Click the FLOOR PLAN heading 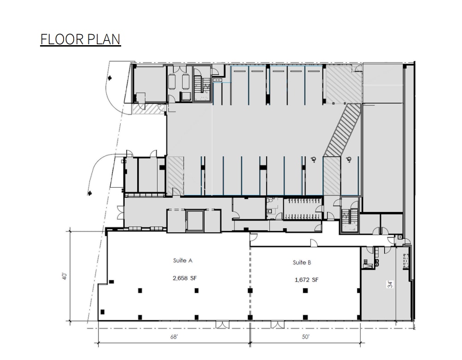coord(80,39)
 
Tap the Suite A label coord(183,260)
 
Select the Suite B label coord(302,262)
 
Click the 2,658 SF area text coord(183,278)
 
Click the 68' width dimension coord(174,337)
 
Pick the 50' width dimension coord(305,337)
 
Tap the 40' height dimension coord(65,276)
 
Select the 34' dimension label coord(391,284)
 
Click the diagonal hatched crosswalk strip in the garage coord(343,130)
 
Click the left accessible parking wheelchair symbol coord(314,159)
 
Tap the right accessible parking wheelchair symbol coord(349,159)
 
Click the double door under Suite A coord(222,324)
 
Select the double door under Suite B coord(278,324)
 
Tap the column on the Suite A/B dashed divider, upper coord(250,290)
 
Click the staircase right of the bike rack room coord(348,217)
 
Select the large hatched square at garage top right coord(343,84)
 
